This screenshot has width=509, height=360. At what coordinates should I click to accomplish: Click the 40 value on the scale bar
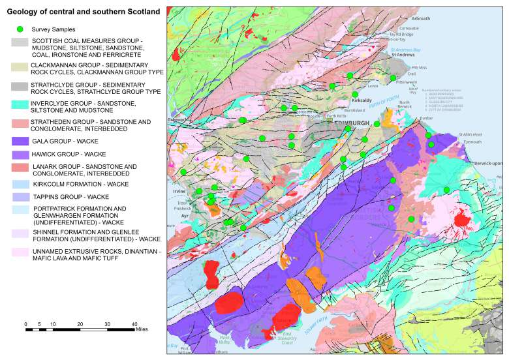pos(134,324)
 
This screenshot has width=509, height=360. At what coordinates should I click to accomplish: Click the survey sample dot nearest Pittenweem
pos(393,78)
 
